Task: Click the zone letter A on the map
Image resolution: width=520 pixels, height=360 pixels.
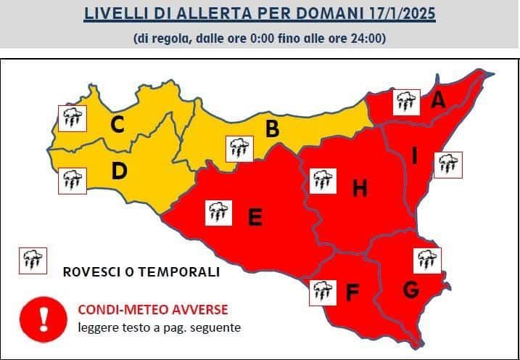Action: [437, 101]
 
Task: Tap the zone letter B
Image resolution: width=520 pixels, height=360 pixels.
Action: [273, 130]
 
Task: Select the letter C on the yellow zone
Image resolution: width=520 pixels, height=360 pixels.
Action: [116, 126]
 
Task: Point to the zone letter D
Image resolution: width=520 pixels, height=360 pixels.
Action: [120, 171]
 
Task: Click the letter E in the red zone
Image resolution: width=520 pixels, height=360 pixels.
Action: [255, 217]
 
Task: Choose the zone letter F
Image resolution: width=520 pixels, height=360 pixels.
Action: [353, 292]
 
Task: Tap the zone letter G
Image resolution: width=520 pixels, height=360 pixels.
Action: [410, 290]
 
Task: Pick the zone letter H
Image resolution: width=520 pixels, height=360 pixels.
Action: [360, 189]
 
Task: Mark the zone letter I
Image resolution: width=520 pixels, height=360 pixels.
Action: [414, 156]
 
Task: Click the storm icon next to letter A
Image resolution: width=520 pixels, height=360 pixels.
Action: [406, 102]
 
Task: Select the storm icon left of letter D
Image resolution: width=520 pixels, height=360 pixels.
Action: [71, 179]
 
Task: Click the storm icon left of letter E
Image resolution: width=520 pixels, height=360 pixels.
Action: [218, 213]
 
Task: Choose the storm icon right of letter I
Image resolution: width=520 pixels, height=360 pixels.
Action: [447, 165]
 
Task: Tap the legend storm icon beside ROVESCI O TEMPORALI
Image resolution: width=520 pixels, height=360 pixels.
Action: [32, 260]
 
